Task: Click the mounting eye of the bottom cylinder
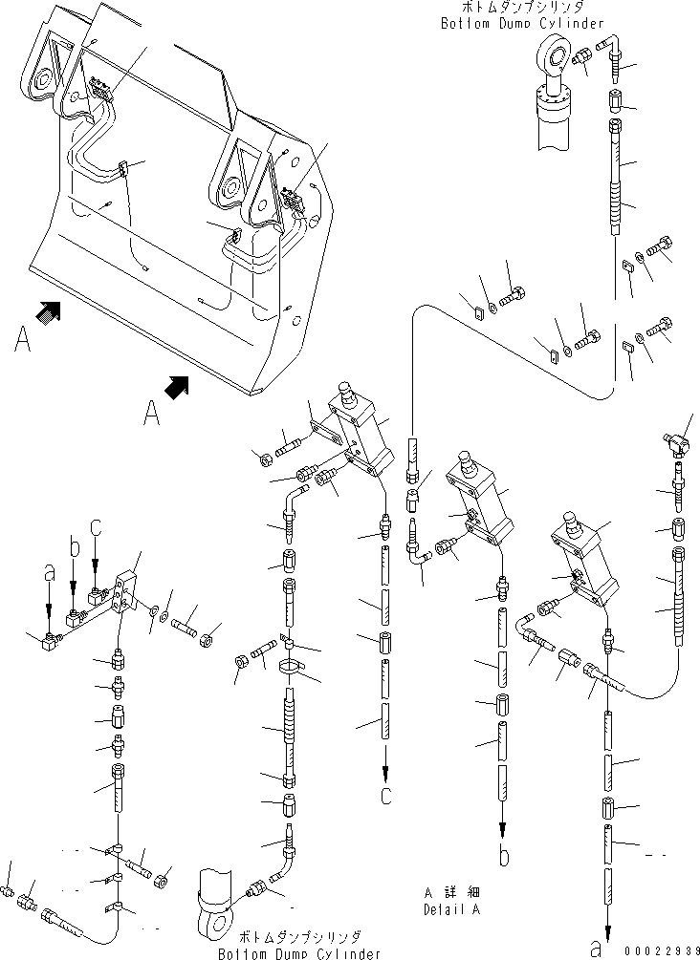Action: tap(215, 926)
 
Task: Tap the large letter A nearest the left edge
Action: tap(21, 339)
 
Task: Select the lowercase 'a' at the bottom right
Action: tap(598, 949)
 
